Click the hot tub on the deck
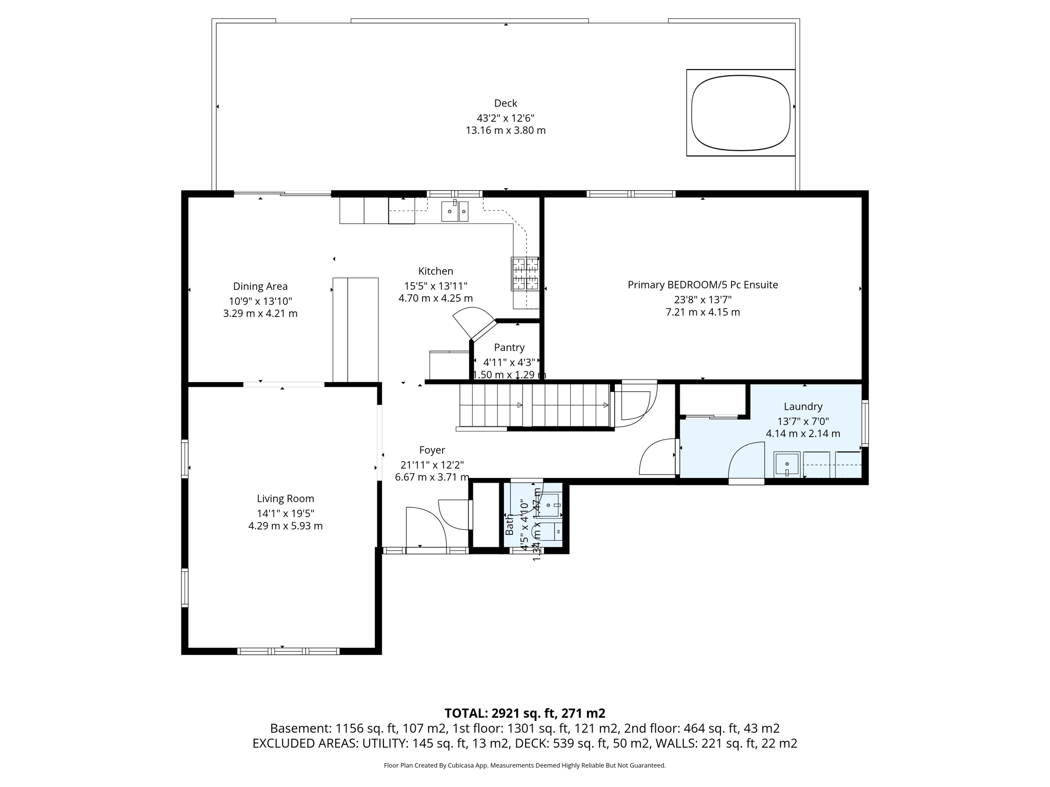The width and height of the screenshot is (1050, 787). [740, 113]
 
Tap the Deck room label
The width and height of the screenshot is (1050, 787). [506, 103]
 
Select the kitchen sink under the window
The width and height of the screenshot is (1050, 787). [455, 211]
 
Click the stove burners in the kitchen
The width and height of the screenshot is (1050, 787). [524, 273]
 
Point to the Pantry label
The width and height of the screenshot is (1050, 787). [509, 347]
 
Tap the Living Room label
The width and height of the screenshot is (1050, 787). [285, 499]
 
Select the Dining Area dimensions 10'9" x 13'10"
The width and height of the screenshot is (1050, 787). [260, 301]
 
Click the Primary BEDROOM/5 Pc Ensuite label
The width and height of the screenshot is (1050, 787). [702, 285]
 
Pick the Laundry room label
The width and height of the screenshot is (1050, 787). [803, 406]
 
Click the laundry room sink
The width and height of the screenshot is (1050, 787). [786, 464]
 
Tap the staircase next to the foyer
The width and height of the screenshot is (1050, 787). [533, 406]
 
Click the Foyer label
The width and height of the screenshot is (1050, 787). [432, 450]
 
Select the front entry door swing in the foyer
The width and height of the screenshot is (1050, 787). [426, 528]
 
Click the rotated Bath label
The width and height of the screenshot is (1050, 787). [510, 525]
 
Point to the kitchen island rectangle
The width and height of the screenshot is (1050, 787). [355, 330]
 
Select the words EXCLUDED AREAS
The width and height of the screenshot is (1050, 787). [305, 743]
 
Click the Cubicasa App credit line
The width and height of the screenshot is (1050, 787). [524, 765]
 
